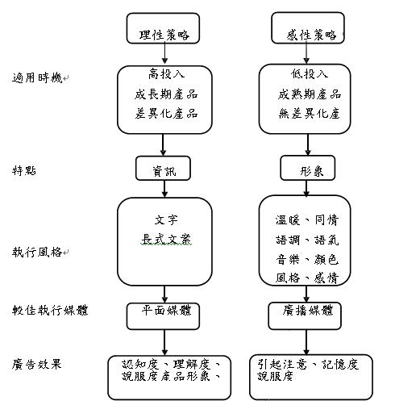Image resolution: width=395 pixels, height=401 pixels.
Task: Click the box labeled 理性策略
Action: pyautogui.click(x=163, y=28)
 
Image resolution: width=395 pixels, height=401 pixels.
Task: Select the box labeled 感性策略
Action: pyautogui.click(x=308, y=27)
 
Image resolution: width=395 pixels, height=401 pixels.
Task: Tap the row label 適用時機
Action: pyautogui.click(x=37, y=78)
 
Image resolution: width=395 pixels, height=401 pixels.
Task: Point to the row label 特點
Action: pyautogui.click(x=24, y=170)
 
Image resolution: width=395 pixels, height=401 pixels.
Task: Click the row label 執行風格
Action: pyautogui.click(x=37, y=252)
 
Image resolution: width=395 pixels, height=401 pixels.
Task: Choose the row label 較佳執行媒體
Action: pyautogui.click(x=50, y=310)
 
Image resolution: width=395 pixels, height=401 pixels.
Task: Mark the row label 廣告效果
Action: pyautogui.click(x=37, y=365)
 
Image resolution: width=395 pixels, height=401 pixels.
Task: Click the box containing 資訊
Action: pyautogui.click(x=163, y=168)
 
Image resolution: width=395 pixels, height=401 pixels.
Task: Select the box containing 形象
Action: pyautogui.click(x=308, y=168)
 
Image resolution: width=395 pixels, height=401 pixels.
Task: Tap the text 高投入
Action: pyautogui.click(x=167, y=74)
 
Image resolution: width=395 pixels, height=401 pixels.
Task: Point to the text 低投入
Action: pyautogui.click(x=310, y=73)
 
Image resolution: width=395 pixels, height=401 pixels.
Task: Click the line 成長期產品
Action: pyautogui.click(x=166, y=94)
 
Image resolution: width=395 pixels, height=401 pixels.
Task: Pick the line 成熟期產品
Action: pyautogui.click(x=310, y=94)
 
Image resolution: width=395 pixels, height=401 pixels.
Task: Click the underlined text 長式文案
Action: pyautogui.click(x=167, y=239)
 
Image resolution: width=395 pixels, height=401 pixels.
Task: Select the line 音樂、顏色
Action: pyautogui.click(x=307, y=260)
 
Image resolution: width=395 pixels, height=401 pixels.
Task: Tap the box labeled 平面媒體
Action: pyautogui.click(x=163, y=316)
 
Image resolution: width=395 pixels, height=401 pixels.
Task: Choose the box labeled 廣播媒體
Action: pyautogui.click(x=305, y=316)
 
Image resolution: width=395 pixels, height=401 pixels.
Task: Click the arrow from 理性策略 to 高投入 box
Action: pyautogui.click(x=164, y=53)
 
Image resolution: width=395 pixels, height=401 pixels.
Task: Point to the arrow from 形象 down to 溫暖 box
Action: pyautogui.click(x=306, y=188)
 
